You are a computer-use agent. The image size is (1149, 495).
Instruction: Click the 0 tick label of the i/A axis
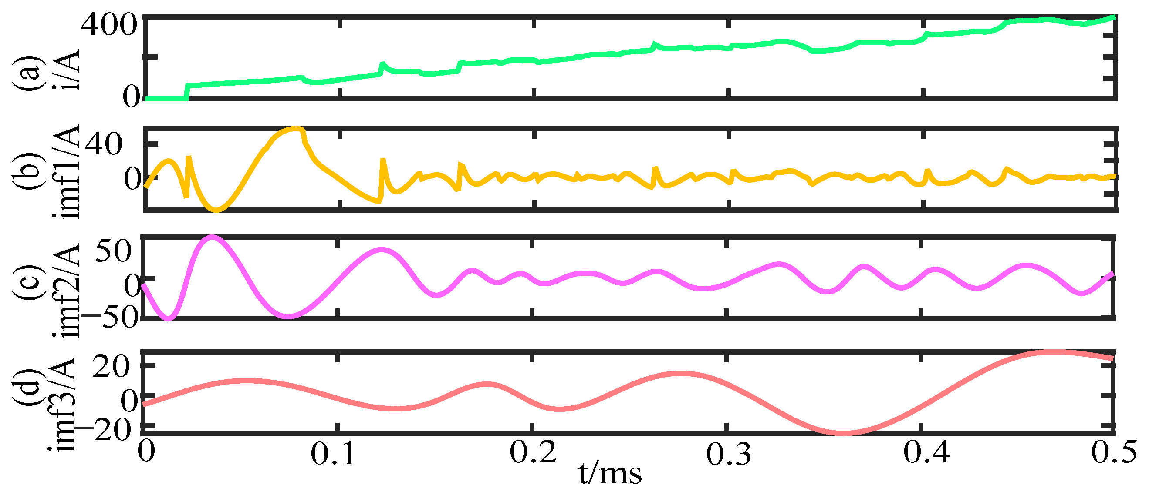pyautogui.click(x=132, y=97)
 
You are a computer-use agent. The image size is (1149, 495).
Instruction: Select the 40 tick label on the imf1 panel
pyautogui.click(x=104, y=144)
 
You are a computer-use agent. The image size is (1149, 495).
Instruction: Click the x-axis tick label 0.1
pyautogui.click(x=332, y=454)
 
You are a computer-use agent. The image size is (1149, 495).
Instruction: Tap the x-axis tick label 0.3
pyautogui.click(x=728, y=454)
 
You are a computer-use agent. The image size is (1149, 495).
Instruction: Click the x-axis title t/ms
pyautogui.click(x=610, y=473)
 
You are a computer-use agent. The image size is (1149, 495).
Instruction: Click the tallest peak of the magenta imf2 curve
pyautogui.click(x=213, y=237)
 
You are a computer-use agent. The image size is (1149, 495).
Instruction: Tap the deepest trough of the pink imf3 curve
pyautogui.click(x=843, y=433)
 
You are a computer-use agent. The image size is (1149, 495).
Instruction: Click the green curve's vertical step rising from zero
pyautogui.click(x=187, y=91)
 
